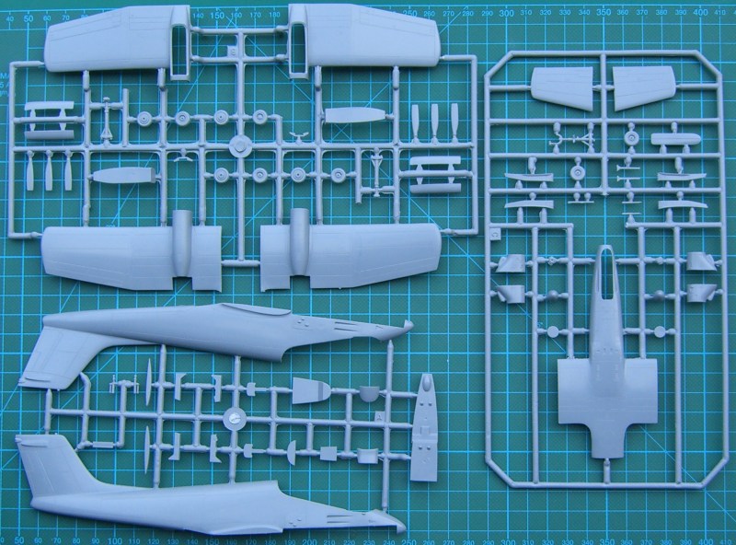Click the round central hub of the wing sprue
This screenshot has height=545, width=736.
pos(239,145)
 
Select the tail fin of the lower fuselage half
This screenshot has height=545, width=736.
pos(41,465)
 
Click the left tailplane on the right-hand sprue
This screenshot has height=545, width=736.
pos(561,86)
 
